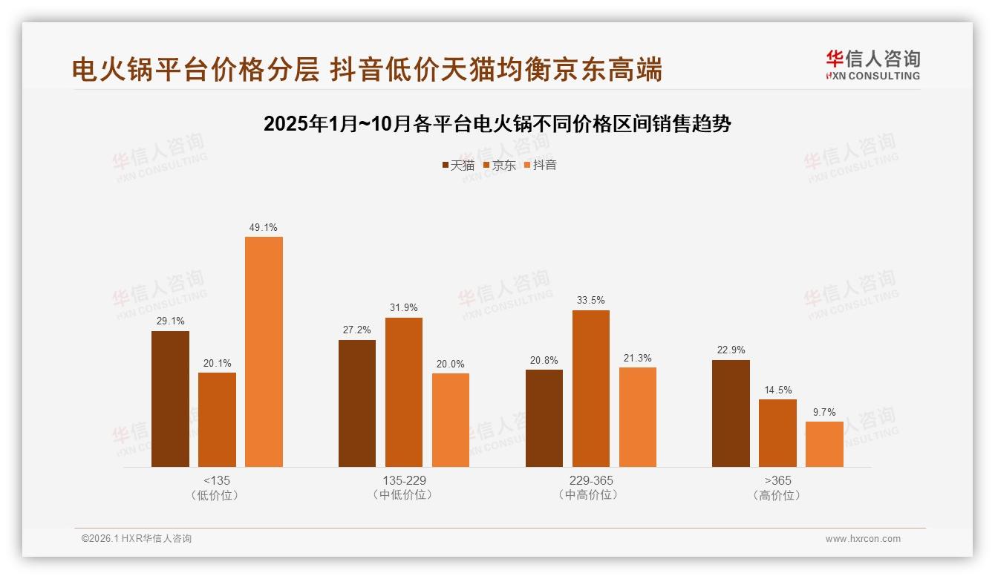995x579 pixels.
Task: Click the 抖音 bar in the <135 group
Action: pyautogui.click(x=264, y=352)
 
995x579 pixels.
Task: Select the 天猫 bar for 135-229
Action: pyautogui.click(x=357, y=403)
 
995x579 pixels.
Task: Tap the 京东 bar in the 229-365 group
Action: pyautogui.click(x=590, y=388)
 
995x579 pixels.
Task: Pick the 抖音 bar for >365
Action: pyautogui.click(x=824, y=444)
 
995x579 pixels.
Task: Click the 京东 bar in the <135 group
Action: pyautogui.click(x=217, y=419)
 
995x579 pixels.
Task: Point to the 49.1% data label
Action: pyautogui.click(x=264, y=228)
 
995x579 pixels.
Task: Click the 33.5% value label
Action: pyautogui.click(x=590, y=301)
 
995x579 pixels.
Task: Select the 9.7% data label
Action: pyautogui.click(x=824, y=412)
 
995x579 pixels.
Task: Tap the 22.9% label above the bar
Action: pyautogui.click(x=731, y=350)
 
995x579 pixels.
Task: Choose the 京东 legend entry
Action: pyautogui.click(x=499, y=166)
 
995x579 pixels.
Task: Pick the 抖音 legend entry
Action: pyautogui.click(x=540, y=166)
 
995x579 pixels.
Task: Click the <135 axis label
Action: pyautogui.click(x=216, y=480)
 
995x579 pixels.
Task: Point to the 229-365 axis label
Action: pyautogui.click(x=590, y=480)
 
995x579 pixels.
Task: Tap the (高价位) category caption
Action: pyautogui.click(x=777, y=495)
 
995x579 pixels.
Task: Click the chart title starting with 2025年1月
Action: pyautogui.click(x=497, y=123)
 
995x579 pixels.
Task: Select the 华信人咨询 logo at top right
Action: pyautogui.click(x=872, y=65)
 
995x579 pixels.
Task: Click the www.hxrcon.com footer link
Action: pyautogui.click(x=863, y=539)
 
